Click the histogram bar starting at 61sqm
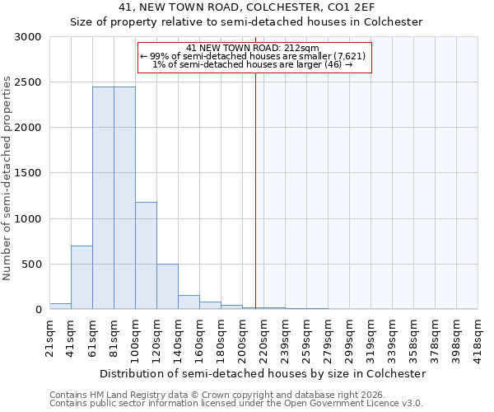point(103,198)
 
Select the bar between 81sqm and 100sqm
point(124,198)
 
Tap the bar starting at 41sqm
point(82,277)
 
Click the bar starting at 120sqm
point(167,286)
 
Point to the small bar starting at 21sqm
point(60,306)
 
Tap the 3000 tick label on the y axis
point(27,37)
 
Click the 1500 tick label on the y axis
point(27,173)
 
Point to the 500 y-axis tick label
point(30,265)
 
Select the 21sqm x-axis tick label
point(50,336)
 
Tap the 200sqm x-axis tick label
point(243,336)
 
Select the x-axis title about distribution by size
point(263,373)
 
